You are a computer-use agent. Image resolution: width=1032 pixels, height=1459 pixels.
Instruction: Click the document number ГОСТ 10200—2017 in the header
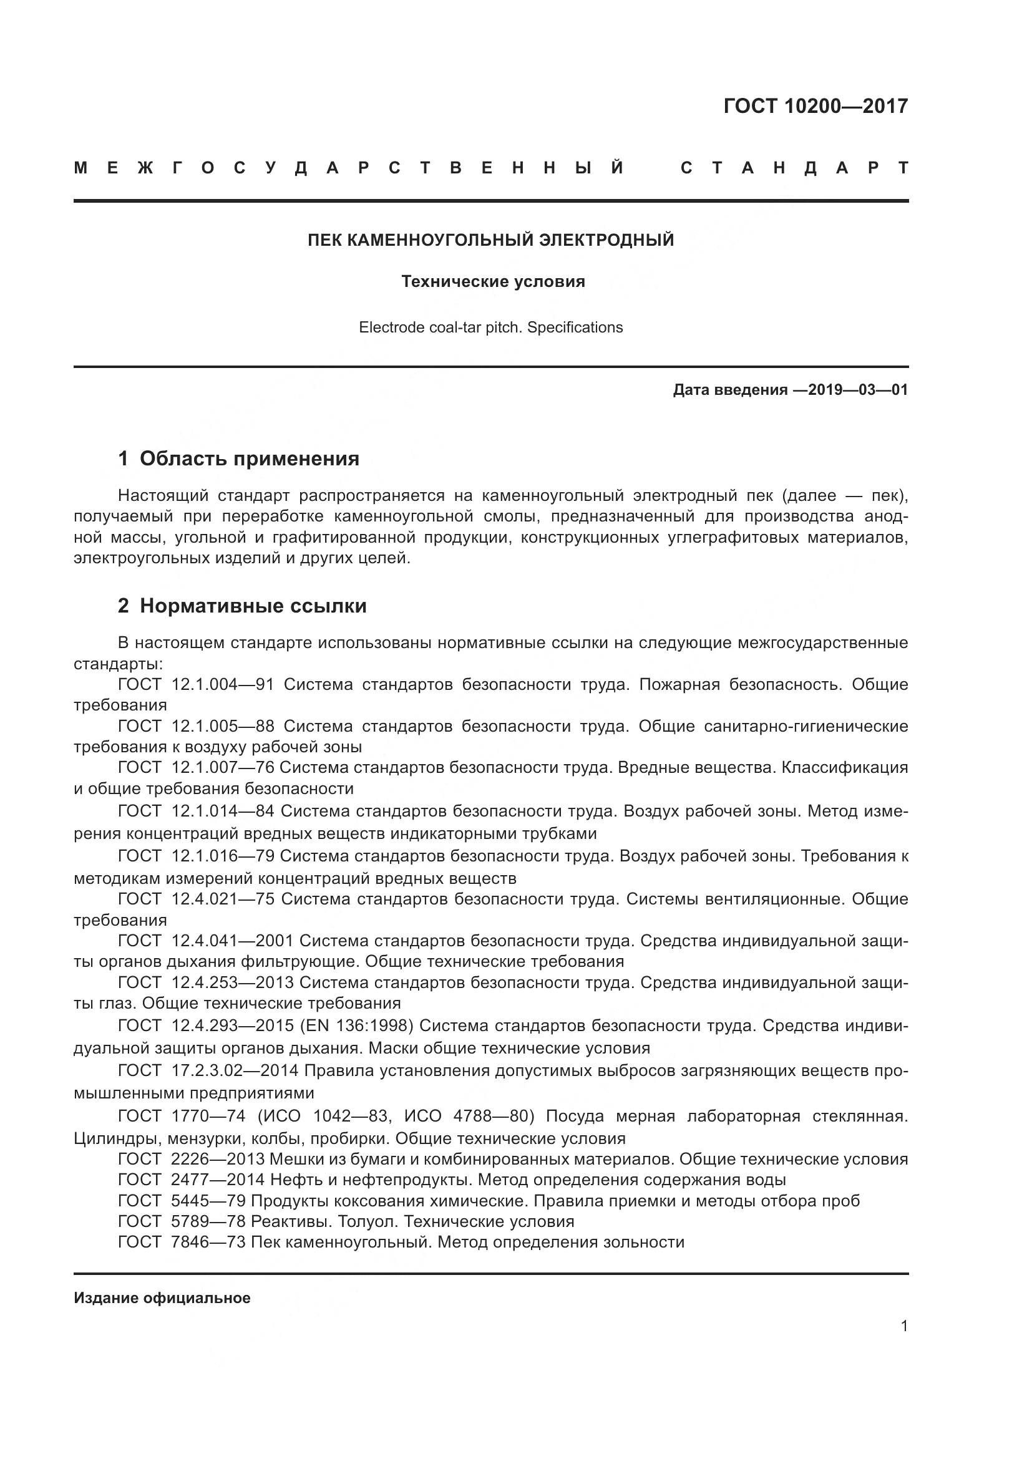[815, 105]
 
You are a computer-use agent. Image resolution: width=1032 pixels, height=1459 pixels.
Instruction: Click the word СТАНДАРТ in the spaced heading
[794, 168]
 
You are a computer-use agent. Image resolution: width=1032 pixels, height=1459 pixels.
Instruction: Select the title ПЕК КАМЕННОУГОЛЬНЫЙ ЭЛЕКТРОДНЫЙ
[490, 240]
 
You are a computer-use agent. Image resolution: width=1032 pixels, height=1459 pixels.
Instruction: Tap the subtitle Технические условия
[493, 281]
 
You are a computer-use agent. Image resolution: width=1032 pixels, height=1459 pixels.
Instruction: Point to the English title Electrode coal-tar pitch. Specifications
[490, 327]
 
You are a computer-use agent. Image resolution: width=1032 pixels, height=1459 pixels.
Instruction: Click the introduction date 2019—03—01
[858, 389]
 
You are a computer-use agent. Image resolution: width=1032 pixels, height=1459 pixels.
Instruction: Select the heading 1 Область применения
[238, 458]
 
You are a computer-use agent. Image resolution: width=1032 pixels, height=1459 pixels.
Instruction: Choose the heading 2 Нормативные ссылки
[242, 606]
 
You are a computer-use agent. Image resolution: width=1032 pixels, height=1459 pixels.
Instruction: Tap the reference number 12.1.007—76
[222, 767]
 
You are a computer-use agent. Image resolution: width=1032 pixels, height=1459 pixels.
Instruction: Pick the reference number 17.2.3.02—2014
[235, 1070]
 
